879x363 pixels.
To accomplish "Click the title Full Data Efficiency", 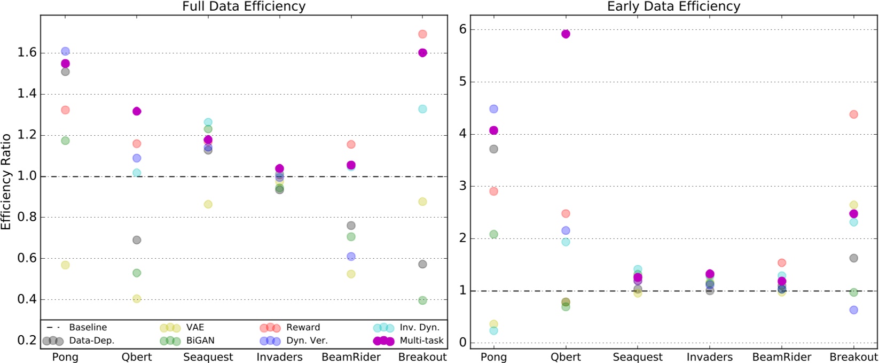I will coord(244,6).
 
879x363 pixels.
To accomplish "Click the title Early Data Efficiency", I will coord(673,6).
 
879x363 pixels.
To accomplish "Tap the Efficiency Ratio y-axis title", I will coord(6,182).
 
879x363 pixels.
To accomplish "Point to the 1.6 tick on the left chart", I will coord(27,52).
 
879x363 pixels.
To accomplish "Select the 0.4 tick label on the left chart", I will coord(27,299).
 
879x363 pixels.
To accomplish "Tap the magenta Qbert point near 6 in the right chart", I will coord(566,34).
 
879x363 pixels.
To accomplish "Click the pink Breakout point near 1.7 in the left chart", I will coord(422,34).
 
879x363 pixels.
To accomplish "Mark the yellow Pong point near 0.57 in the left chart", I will coord(65,265).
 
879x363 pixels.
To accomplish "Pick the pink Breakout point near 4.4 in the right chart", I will coord(853,114).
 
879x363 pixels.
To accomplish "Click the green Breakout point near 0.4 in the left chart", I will coord(422,300).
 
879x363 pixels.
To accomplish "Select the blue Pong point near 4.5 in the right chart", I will coord(493,109).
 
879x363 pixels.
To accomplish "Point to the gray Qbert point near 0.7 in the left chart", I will coord(137,240).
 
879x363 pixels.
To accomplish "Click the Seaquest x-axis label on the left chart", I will coord(208,357).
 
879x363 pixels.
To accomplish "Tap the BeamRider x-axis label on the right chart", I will coord(782,357).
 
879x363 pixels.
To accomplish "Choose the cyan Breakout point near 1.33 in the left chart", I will coord(422,109).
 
